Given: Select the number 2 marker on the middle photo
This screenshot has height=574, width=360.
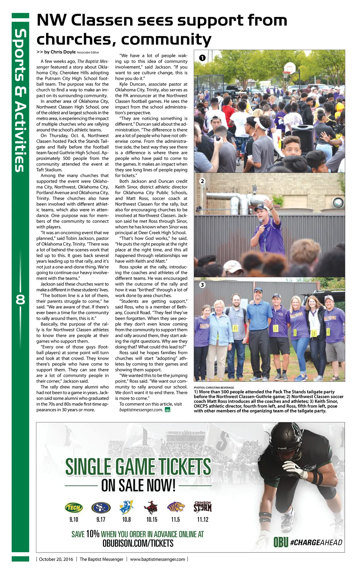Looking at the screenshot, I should pos(202,181).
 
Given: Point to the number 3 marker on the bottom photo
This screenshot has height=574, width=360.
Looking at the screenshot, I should pos(202,285).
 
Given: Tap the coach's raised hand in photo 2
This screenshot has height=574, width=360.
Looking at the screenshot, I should pos(268,203).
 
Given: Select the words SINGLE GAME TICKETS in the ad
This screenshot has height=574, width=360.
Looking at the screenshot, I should pos(138,467).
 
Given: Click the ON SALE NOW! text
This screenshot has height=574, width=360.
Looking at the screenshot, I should pos(138,486).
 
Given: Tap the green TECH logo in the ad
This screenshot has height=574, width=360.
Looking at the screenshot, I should pos(74,508).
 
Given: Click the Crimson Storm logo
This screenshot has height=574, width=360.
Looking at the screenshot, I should pos(202,507).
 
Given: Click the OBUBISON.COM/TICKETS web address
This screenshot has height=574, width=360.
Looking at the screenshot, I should pos(138,543).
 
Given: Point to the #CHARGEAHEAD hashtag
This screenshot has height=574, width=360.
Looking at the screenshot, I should pos(316,543).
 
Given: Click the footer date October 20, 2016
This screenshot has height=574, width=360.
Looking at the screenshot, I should pos(56,559).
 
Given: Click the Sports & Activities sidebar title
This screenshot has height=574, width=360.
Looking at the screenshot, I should pos(20,100).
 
